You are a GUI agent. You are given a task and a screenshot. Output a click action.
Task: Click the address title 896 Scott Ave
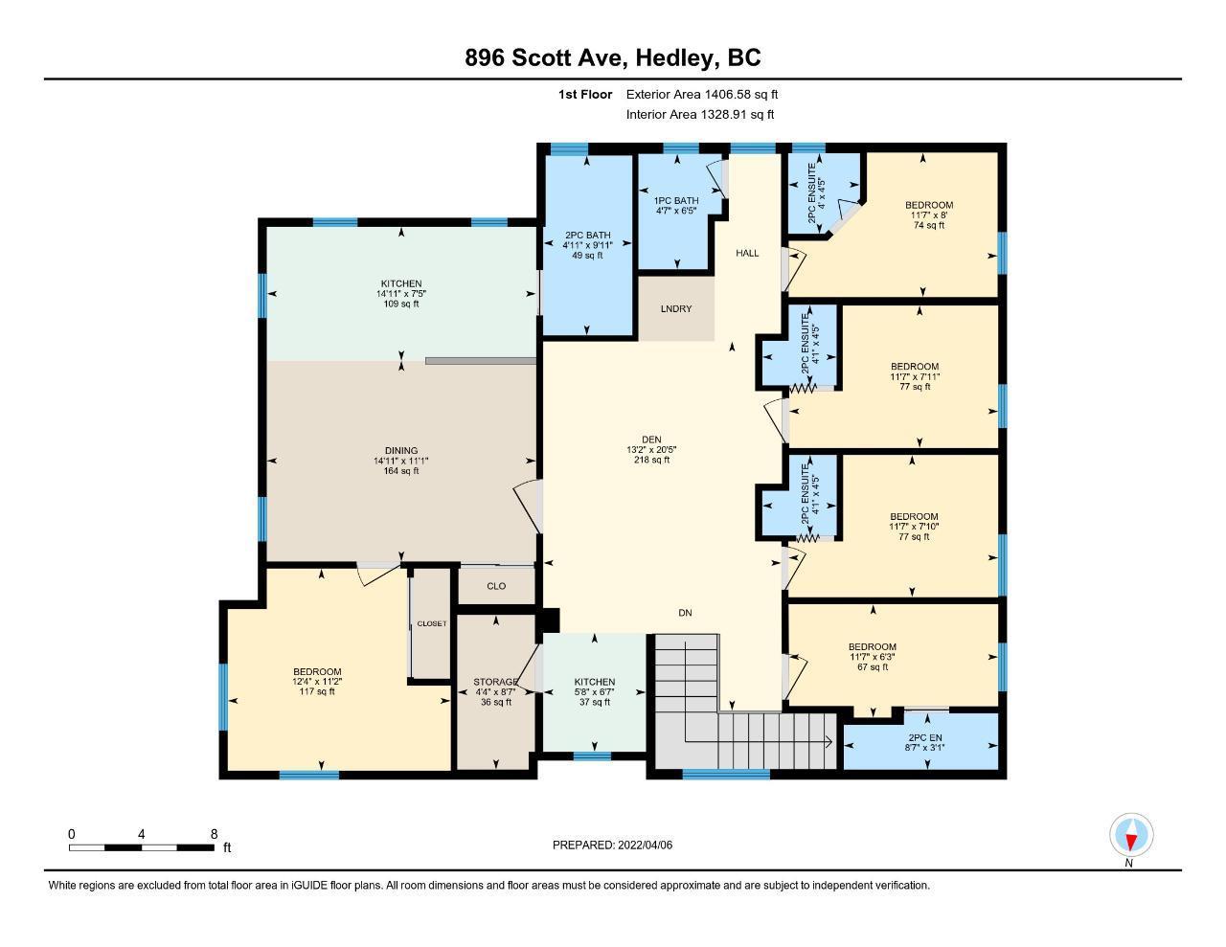[542, 57]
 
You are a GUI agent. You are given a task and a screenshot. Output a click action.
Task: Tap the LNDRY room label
[676, 309]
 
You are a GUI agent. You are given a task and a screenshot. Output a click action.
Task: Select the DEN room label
[651, 440]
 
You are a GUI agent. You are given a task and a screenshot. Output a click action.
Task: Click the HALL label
[747, 253]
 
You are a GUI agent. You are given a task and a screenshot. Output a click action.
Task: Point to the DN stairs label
[685, 613]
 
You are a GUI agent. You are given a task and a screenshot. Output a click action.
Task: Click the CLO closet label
[496, 587]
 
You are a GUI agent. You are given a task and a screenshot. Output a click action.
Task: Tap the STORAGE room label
[495, 683]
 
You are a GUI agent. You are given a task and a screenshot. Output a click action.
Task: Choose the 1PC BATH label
[676, 201]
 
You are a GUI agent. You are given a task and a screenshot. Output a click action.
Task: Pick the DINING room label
[401, 451]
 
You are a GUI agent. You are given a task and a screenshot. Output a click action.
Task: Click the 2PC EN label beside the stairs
[924, 737]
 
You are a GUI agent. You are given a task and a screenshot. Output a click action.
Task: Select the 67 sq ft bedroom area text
[873, 667]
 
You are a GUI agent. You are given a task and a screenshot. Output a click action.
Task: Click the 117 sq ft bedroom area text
[317, 692]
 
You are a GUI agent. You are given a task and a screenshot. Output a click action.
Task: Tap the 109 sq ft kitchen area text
[401, 304]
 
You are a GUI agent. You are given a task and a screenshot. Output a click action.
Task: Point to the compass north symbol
[1130, 835]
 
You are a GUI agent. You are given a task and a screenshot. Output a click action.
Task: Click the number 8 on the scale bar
[214, 834]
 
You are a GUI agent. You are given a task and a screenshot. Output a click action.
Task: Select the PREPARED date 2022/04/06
[645, 846]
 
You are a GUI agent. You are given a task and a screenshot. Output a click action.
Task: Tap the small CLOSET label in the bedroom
[432, 623]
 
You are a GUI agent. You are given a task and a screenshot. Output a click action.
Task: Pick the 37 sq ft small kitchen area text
[595, 703]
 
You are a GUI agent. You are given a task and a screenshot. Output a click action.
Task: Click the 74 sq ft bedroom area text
[929, 226]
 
